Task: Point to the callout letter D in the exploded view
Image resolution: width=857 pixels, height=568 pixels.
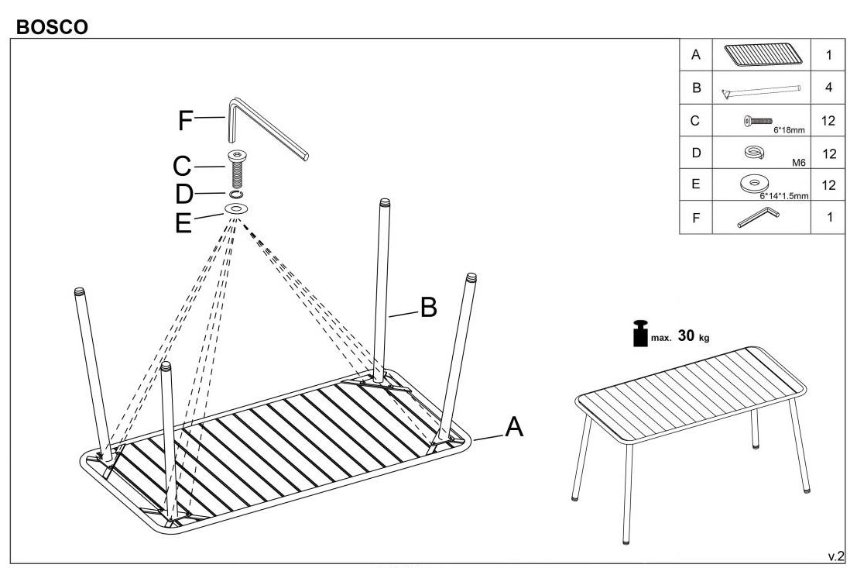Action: point(183,194)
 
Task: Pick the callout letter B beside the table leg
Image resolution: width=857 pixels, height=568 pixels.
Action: point(428,309)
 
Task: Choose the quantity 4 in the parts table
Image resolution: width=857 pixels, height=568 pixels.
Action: point(828,88)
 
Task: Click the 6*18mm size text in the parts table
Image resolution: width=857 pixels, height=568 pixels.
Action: point(788,130)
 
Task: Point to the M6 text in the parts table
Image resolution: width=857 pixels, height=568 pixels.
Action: point(800,163)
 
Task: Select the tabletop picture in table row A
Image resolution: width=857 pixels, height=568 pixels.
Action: point(763,54)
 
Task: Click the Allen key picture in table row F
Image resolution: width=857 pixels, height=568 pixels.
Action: point(759,218)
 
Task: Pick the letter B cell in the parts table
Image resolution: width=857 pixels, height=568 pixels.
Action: point(695,88)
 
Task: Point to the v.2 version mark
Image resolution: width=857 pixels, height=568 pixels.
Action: point(836,555)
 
